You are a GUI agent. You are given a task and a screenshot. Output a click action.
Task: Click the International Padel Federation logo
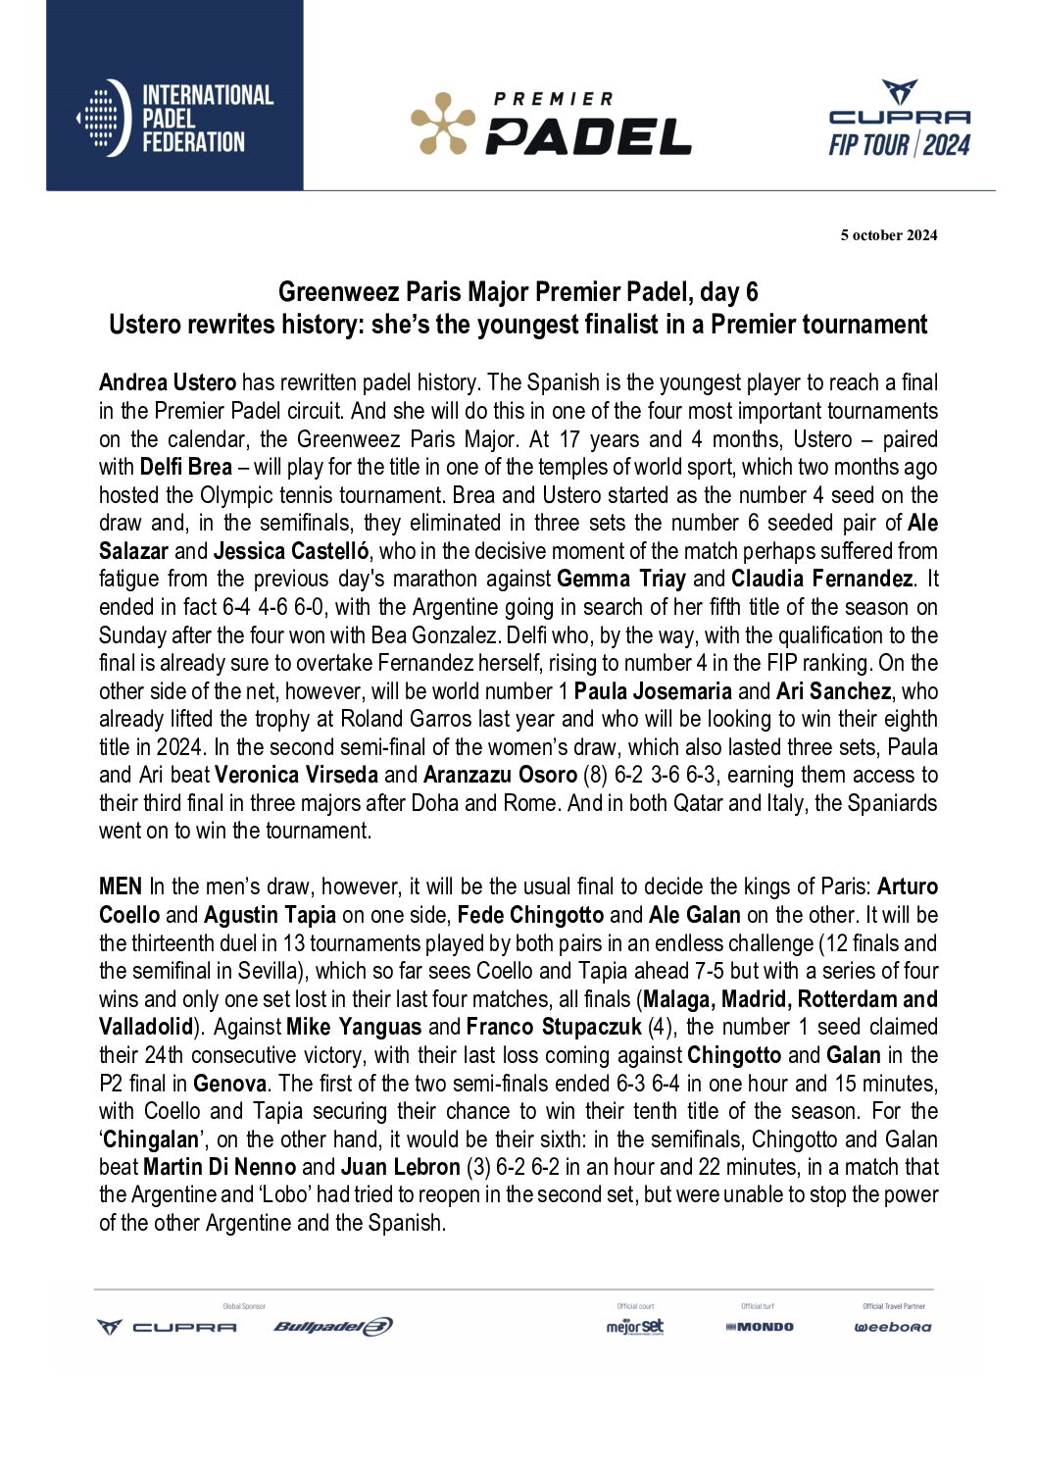pos(174,119)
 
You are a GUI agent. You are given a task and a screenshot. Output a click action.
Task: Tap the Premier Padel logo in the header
pos(551,125)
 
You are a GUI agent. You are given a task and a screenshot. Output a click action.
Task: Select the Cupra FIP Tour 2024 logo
pos(899,120)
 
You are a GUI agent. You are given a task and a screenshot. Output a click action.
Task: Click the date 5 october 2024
pos(888,235)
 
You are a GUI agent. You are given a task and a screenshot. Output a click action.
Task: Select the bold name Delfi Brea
pos(186,467)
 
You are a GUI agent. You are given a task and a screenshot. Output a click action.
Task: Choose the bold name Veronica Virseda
pos(296,775)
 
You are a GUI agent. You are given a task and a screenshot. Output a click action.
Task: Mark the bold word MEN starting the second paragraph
pos(121,887)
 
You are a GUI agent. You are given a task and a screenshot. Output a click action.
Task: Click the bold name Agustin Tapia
pos(270,915)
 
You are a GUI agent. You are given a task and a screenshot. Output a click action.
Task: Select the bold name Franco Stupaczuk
pos(554,1028)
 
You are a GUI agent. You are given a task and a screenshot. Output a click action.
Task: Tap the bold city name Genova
pos(229,1084)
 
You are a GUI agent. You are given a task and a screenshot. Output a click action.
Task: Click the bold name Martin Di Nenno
pos(220,1168)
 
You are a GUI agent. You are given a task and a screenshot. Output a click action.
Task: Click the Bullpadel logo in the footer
pos(333,1327)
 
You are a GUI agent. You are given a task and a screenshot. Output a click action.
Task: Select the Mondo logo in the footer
pos(760,1327)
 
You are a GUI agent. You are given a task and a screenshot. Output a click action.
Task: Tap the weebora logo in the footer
pos(893,1327)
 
